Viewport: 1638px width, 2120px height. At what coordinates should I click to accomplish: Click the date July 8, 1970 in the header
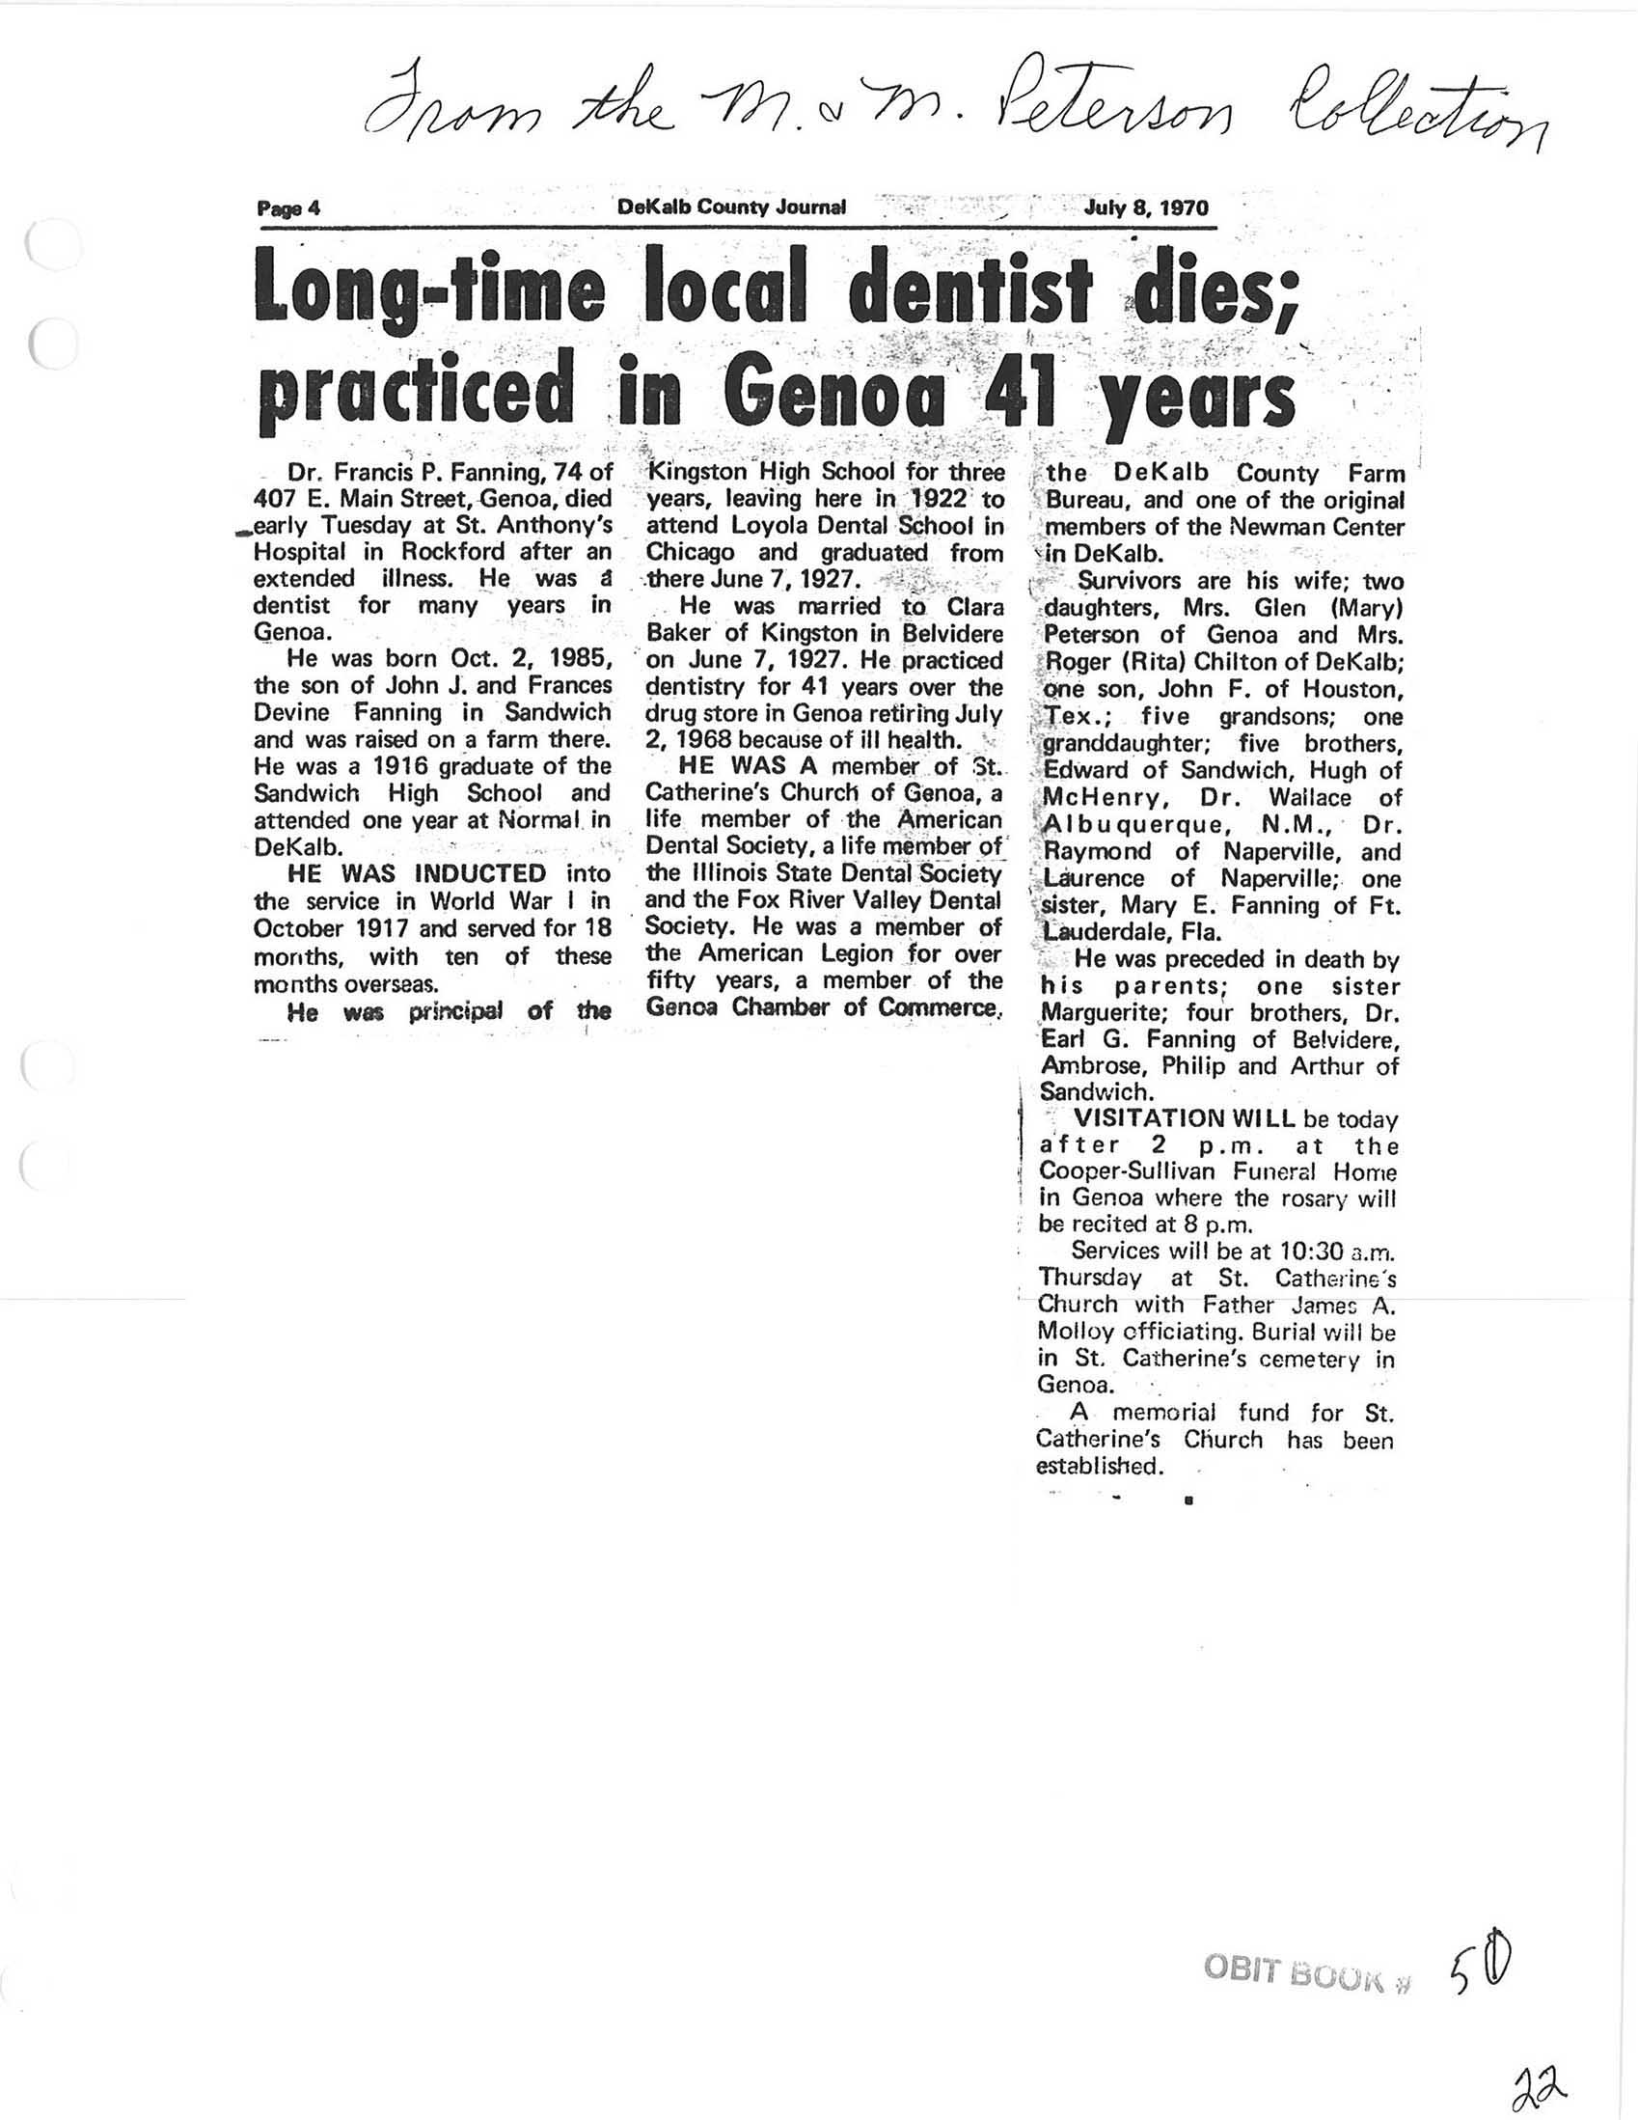coord(1145,206)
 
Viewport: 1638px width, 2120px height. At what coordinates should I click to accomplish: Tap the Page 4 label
coord(288,207)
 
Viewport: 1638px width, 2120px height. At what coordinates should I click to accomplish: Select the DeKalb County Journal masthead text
coord(730,206)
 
